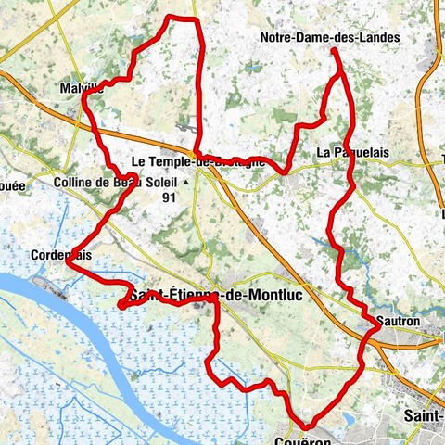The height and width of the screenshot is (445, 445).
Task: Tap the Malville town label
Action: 81,88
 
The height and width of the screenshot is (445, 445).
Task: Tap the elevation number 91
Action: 169,197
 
